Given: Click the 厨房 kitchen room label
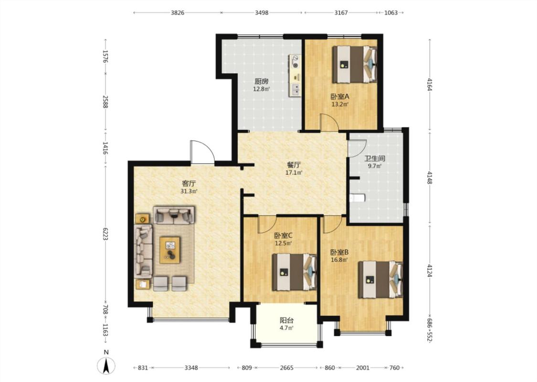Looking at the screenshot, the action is pos(261,82).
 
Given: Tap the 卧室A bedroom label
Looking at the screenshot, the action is pos(340,97).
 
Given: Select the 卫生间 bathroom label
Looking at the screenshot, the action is pos(375,159).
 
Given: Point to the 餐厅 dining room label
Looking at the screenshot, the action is pos(294,165).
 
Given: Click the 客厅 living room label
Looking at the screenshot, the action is pos(189,183).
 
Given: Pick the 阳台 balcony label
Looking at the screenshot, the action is pos(287,321).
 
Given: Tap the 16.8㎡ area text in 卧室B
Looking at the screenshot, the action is pos(339,260).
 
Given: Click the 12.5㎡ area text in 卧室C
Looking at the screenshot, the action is pos(283,243).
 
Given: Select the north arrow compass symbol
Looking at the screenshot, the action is pos(106,366).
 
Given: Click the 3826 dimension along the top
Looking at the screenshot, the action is pos(178,13).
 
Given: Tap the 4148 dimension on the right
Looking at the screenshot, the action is pos(430,177).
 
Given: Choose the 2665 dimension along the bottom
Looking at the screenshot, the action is pos(287,368).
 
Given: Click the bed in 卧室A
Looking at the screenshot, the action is pos(355,64).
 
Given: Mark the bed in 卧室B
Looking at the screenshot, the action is pos(380,279).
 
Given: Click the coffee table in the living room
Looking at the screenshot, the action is pos(170,250).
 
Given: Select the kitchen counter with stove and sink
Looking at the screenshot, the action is pos(295,75).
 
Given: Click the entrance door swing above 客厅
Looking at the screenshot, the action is pos(202,152).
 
